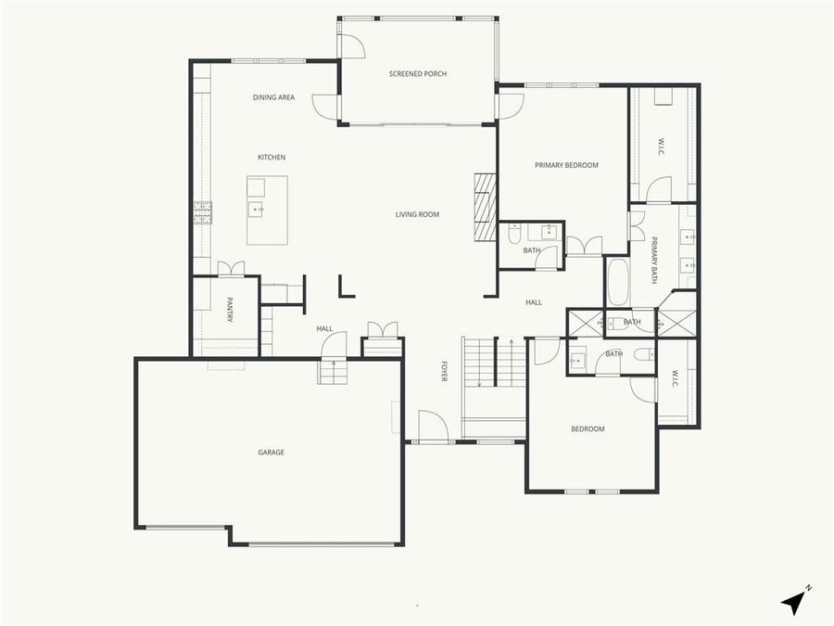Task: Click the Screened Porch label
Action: click(418, 73)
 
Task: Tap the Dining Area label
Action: click(273, 97)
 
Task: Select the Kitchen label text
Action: click(272, 158)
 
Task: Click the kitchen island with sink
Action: click(267, 210)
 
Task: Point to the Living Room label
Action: click(417, 214)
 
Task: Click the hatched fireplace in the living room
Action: click(485, 206)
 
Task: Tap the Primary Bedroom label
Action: click(566, 165)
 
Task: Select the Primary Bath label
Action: click(653, 260)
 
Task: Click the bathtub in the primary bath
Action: click(618, 282)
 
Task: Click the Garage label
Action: click(271, 453)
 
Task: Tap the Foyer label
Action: click(444, 372)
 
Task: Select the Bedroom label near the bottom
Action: click(588, 428)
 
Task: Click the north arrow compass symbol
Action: click(794, 601)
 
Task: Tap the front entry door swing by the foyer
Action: click(433, 427)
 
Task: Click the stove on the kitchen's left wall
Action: click(202, 213)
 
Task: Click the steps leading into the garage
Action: click(331, 372)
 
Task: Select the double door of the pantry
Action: click(231, 268)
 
